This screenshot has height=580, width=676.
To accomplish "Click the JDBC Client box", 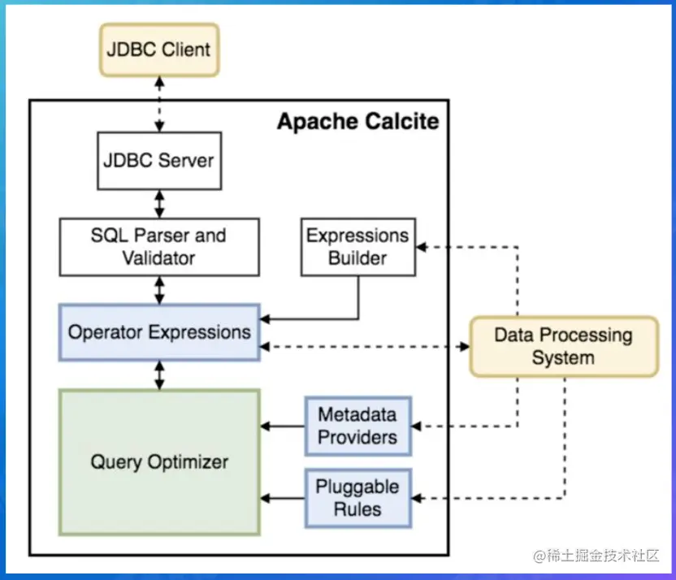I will tap(158, 50).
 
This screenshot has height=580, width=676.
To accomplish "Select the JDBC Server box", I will tap(159, 160).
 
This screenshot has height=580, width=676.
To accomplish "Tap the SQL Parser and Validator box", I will tap(159, 247).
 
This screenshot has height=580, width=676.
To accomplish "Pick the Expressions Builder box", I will tap(357, 247).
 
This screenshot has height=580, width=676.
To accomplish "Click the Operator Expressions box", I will tap(159, 332).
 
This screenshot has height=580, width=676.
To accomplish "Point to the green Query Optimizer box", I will tap(159, 462).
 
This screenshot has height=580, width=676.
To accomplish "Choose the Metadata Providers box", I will tap(357, 426).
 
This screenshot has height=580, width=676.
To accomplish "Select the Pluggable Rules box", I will tap(357, 498).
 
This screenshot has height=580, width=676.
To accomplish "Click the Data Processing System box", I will tap(563, 346).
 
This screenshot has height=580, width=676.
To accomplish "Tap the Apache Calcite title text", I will tap(357, 122).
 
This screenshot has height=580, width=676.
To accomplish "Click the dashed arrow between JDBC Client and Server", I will tap(159, 104).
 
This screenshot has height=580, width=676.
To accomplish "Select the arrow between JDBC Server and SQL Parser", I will tap(159, 202).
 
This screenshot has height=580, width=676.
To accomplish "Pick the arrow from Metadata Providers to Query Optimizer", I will tap(282, 426).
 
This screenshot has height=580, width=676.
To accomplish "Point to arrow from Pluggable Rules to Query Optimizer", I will tap(282, 498).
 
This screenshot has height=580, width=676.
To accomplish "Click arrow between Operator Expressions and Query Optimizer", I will tap(159, 374).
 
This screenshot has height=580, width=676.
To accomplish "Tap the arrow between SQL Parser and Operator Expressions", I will tap(159, 289).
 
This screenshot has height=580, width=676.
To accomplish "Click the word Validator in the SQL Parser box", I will tap(159, 258).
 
